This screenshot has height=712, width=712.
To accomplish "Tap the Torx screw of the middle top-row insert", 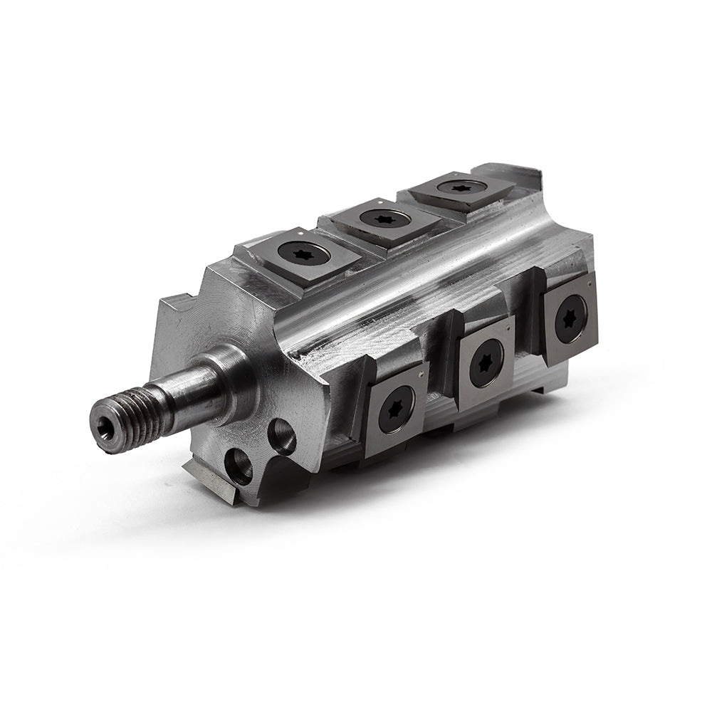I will click(384, 218).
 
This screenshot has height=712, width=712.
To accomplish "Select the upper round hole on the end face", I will click(282, 436).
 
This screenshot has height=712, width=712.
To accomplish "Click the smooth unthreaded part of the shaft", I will click(196, 392).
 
